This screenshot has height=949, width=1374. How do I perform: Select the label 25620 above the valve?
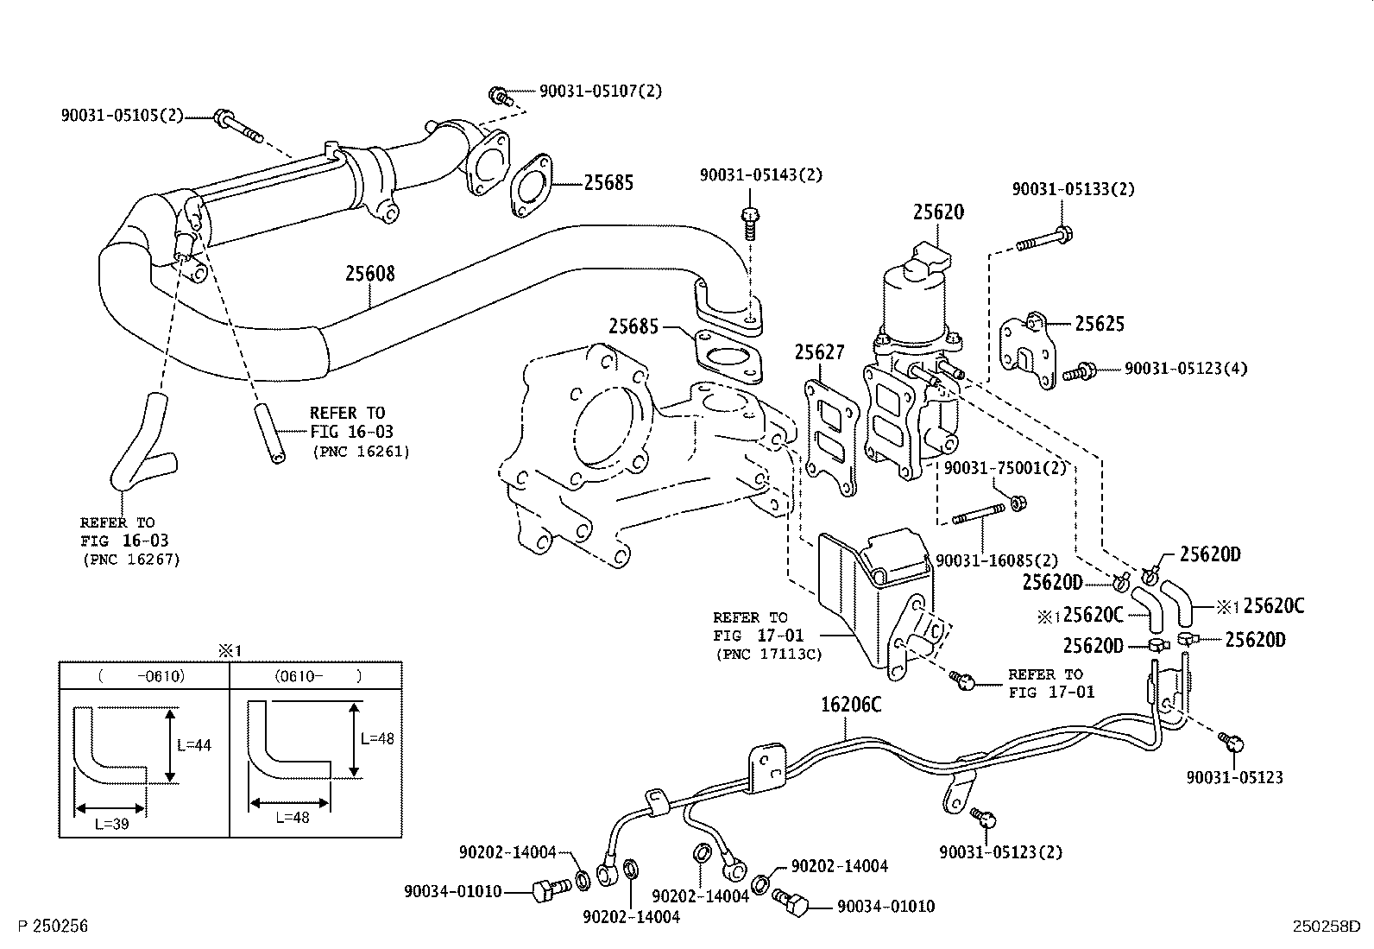pyautogui.click(x=938, y=212)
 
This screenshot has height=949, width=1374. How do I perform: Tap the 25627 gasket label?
pyautogui.click(x=819, y=352)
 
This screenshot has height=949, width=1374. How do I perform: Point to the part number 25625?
pyautogui.click(x=1100, y=324)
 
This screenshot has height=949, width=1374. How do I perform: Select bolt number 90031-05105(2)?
pyautogui.click(x=122, y=116)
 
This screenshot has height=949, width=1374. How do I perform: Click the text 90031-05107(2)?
pyautogui.click(x=601, y=91)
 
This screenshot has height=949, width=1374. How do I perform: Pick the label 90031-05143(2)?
pyautogui.click(x=760, y=175)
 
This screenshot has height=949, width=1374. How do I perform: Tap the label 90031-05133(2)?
pyautogui.click(x=1073, y=189)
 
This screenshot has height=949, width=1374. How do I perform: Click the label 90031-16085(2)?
pyautogui.click(x=996, y=560)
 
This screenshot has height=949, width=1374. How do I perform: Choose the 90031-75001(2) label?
pyautogui.click(x=1005, y=468)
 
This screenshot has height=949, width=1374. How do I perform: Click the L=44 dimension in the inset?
pyautogui.click(x=193, y=745)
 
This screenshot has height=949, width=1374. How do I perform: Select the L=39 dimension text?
pyautogui.click(x=111, y=824)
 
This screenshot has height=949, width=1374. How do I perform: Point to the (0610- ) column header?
pyautogui.click(x=317, y=676)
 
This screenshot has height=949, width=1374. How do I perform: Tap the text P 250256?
pyautogui.click(x=53, y=927)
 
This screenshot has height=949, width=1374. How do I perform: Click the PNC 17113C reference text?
pyautogui.click(x=768, y=655)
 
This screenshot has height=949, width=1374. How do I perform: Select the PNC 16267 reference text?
pyautogui.click(x=131, y=560)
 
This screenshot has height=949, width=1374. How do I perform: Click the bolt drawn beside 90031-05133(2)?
pyautogui.click(x=1045, y=238)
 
